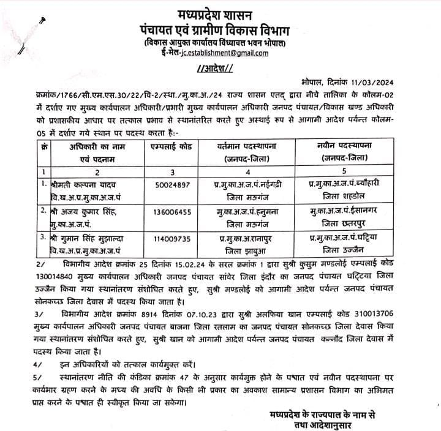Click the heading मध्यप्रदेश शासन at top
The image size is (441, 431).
tap(219, 13)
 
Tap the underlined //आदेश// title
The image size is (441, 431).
tap(218, 67)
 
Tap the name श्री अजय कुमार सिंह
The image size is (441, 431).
tap(81, 211)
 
